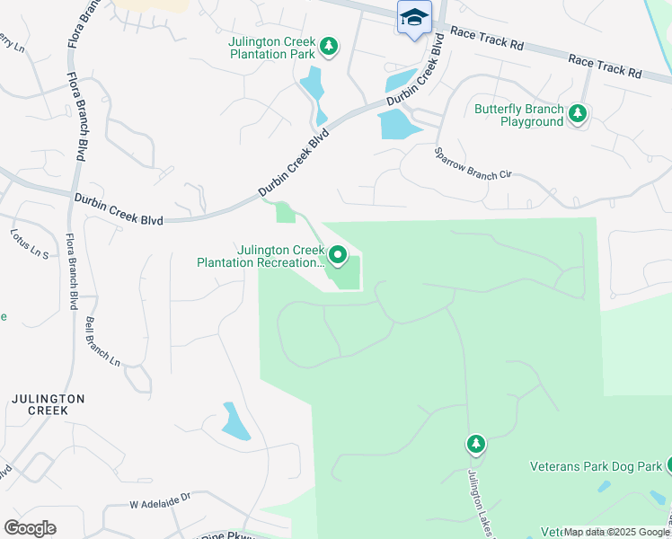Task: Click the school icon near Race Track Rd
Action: (414, 17)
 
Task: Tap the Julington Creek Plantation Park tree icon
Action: (329, 46)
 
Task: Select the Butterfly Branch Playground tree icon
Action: (578, 113)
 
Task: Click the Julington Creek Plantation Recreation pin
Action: (338, 255)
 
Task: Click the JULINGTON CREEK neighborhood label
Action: (48, 404)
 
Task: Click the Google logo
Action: (30, 528)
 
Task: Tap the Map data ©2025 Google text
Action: (617, 532)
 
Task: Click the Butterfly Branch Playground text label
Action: (519, 115)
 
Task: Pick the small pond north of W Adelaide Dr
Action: (235, 421)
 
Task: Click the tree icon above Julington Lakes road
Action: (475, 444)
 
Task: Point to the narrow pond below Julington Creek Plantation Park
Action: (314, 89)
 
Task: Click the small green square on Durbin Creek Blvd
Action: (285, 212)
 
